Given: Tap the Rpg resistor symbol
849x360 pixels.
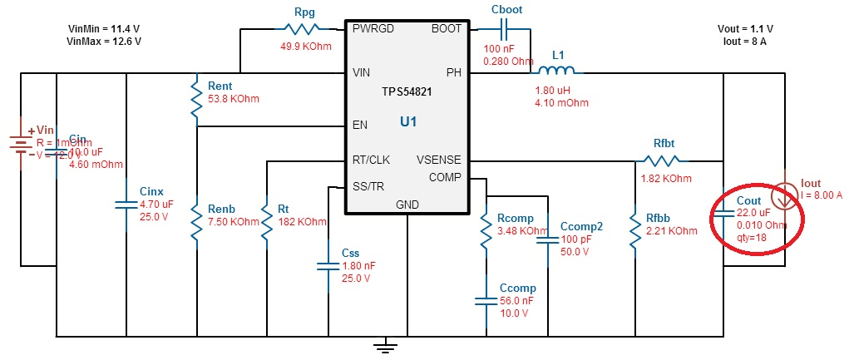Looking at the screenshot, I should coord(304,29).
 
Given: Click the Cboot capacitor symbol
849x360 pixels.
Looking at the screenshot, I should coord(504,29).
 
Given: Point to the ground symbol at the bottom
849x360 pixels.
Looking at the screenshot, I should coord(383,343).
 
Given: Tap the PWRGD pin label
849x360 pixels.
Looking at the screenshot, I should coord(373,28).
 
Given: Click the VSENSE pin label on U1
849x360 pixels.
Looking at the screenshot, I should coord(438,160).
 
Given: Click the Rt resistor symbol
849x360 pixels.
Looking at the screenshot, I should coord(267,222).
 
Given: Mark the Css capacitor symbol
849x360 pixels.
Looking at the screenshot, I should coord(328,266).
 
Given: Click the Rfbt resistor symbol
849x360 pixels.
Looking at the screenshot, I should coord(661,160).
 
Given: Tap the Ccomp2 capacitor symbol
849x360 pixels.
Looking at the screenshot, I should coord(549,241).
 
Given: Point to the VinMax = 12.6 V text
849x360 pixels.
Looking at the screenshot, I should coord(105,40).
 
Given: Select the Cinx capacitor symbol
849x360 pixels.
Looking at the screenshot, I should coord(126,203).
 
